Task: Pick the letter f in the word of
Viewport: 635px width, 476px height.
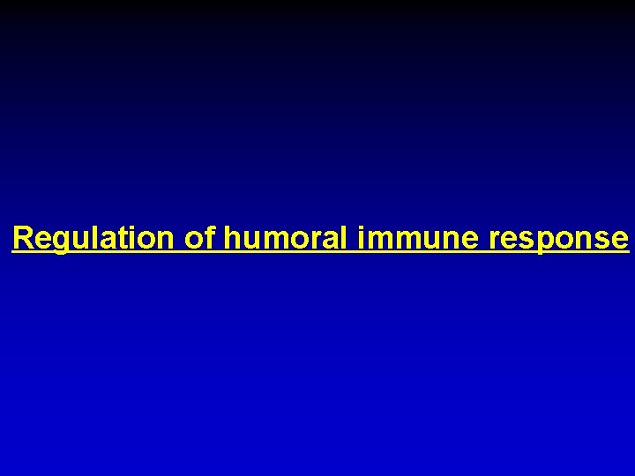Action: pyautogui.click(x=209, y=238)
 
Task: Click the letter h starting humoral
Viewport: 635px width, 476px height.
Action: pyautogui.click(x=232, y=238)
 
